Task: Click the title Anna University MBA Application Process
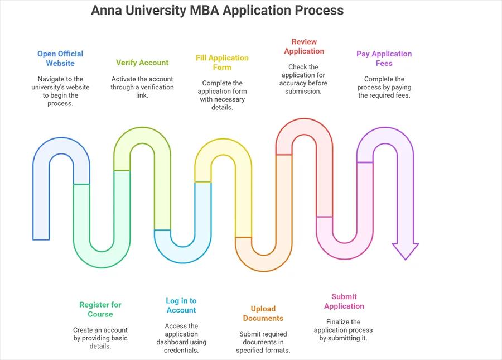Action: click(x=217, y=11)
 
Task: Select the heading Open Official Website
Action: click(x=60, y=59)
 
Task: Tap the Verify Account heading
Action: click(x=142, y=63)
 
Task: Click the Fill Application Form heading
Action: click(x=222, y=63)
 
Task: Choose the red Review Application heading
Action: click(x=304, y=46)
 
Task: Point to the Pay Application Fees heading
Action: click(x=384, y=59)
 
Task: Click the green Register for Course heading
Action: click(x=100, y=309)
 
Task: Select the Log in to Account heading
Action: click(x=181, y=305)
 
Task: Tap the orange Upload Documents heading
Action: click(x=263, y=313)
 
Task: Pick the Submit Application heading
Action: click(x=344, y=301)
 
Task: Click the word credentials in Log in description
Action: click(x=181, y=351)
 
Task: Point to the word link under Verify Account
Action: click(x=142, y=95)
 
